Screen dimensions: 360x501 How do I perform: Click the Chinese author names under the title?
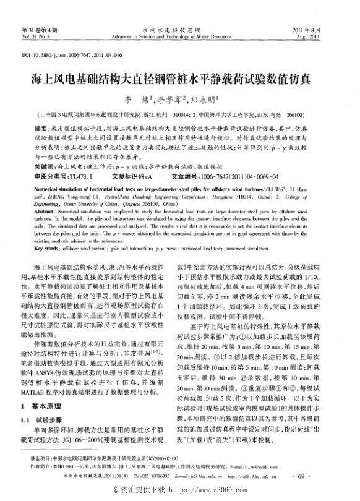(x=180, y=100)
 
